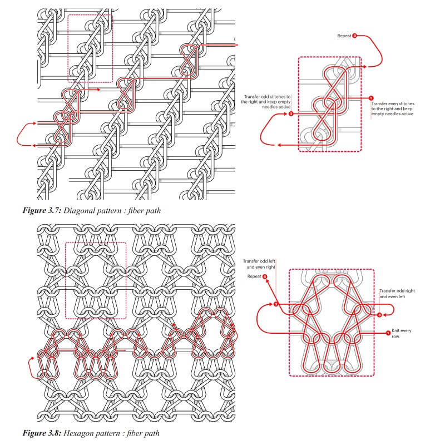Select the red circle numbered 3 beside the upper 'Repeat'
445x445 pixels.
pyautogui.click(x=355, y=36)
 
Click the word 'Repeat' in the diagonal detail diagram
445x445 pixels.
pyautogui.click(x=344, y=36)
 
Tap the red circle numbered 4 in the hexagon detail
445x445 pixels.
pyautogui.click(x=265, y=276)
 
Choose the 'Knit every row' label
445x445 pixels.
pyautogui.click(x=402, y=333)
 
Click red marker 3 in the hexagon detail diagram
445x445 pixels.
pyautogui.click(x=379, y=315)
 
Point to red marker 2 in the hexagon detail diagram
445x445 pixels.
pyautogui.click(x=276, y=304)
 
